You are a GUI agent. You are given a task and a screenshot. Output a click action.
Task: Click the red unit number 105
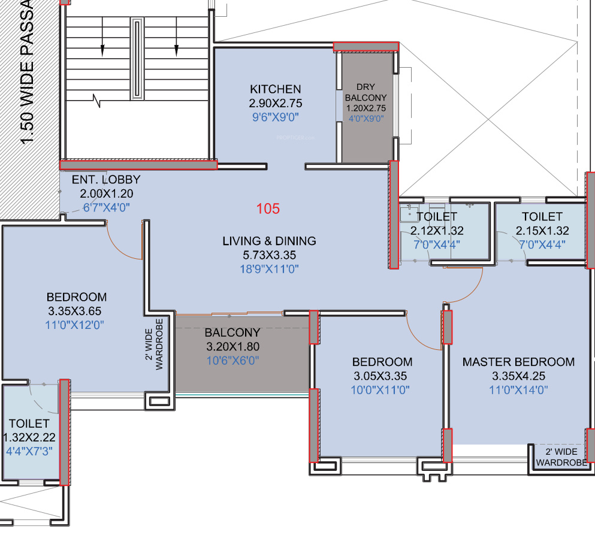click(268, 208)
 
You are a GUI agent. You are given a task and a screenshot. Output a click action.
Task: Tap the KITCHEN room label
click(276, 89)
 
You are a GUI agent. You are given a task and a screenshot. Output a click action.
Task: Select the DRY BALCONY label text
click(366, 92)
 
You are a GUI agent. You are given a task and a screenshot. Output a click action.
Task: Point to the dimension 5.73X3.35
click(270, 255)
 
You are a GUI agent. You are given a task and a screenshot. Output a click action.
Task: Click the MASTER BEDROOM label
click(518, 362)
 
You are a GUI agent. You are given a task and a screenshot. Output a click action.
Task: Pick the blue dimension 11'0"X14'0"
click(518, 390)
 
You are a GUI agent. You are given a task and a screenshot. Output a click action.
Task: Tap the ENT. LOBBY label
click(106, 179)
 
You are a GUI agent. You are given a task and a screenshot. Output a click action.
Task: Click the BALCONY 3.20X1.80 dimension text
click(233, 346)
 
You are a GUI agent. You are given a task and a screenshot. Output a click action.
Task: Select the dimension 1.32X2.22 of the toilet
click(29, 437)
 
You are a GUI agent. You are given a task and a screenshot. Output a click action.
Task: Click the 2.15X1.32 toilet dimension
click(542, 231)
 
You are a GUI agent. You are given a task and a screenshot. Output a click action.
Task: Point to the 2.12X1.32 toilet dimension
click(437, 231)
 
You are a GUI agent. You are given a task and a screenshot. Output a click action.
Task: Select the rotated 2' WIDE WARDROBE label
click(154, 344)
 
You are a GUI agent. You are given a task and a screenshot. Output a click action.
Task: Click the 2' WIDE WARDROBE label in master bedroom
click(561, 457)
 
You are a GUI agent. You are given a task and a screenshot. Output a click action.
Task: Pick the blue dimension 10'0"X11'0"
click(380, 390)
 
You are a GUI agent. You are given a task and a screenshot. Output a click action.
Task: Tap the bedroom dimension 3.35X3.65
click(75, 311)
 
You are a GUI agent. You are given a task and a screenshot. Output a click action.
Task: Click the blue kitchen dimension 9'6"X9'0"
click(276, 117)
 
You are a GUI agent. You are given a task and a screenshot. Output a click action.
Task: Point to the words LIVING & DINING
click(270, 241)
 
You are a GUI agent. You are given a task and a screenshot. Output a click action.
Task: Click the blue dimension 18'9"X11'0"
click(270, 269)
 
